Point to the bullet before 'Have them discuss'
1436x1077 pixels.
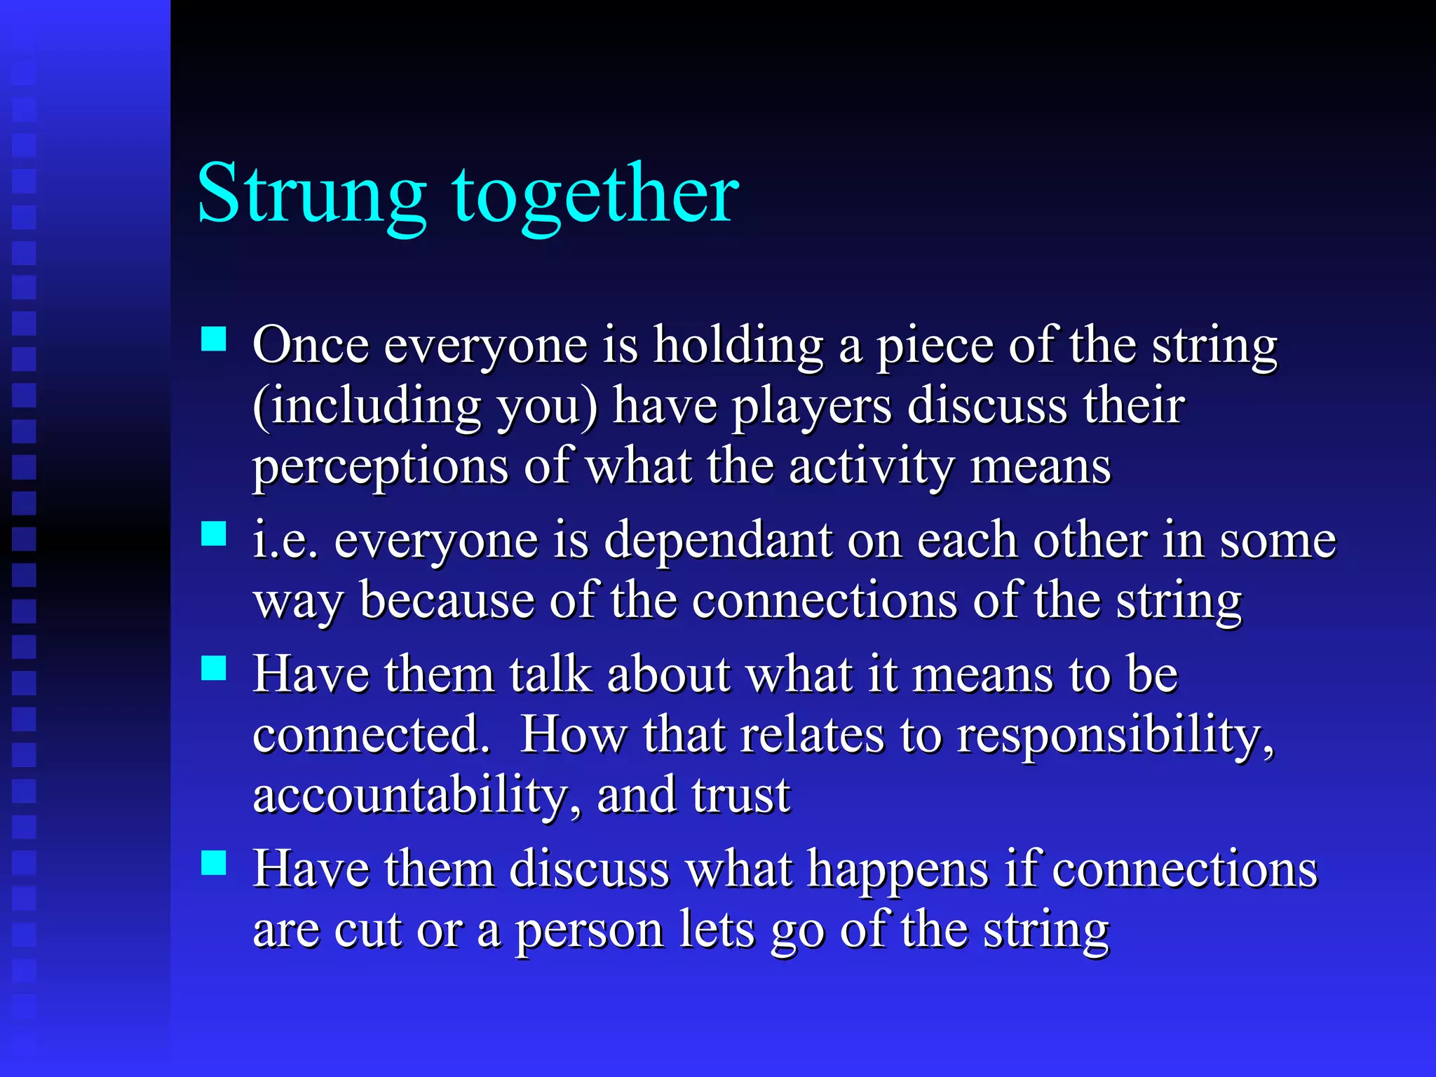point(214,863)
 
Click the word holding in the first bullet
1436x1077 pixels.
point(738,346)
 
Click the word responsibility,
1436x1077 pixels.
point(1116,736)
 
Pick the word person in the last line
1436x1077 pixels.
point(589,931)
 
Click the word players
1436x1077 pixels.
point(811,407)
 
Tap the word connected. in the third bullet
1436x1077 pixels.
point(371,736)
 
